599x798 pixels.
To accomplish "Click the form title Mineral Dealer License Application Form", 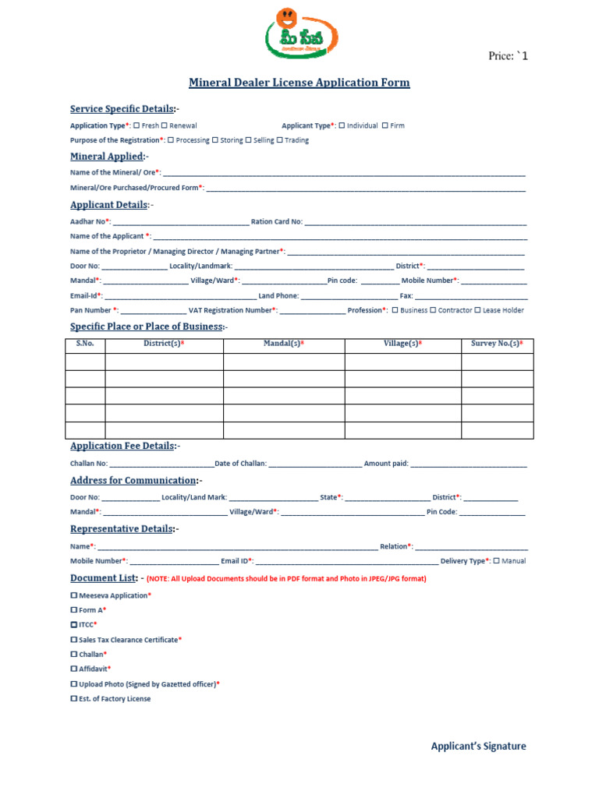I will coord(299,83).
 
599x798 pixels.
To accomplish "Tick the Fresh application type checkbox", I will coord(137,125).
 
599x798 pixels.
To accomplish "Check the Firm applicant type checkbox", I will coord(385,125).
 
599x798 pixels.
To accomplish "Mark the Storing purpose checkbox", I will coord(215,140).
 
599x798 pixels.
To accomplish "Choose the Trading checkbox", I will coord(280,140).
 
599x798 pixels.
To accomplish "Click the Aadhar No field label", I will coord(90,221).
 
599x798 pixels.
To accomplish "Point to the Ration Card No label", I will coord(276,221).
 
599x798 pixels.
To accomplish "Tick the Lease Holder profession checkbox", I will coord(477,310).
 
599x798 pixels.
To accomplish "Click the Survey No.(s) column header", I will coord(497,344).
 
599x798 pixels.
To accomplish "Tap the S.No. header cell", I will coord(85,344).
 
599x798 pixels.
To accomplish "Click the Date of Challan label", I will coord(240,464).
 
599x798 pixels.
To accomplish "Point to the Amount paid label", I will coord(386,464).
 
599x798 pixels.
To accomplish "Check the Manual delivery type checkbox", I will coord(497,560).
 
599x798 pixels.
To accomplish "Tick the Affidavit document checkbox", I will coord(74,669).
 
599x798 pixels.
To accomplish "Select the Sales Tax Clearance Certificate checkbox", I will coord(74,639).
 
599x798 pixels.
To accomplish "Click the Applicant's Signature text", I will coord(478,746).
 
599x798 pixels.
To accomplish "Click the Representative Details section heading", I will coord(122,529).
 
